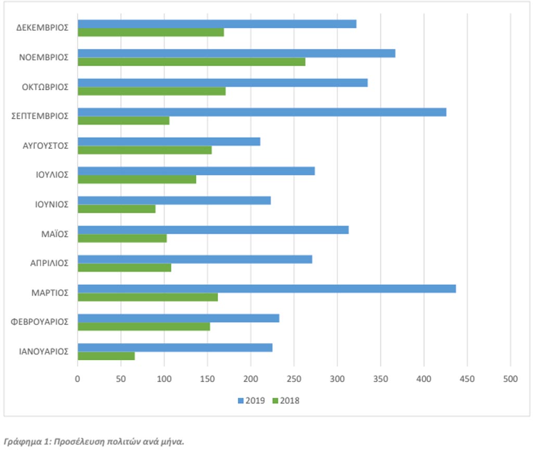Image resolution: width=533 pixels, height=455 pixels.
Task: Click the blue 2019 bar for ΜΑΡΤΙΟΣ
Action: pyautogui.click(x=267, y=289)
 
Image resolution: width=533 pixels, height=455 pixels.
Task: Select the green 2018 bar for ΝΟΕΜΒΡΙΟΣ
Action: pyautogui.click(x=192, y=61)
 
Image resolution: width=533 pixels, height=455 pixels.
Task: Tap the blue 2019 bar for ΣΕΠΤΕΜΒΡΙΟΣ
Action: pyautogui.click(x=262, y=112)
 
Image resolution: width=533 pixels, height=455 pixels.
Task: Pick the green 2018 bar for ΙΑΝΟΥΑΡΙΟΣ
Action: pyautogui.click(x=106, y=356)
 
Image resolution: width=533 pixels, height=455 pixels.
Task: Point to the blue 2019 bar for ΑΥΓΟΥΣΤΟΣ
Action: pyautogui.click(x=169, y=142)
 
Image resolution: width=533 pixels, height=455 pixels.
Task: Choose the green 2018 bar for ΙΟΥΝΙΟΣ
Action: pyautogui.click(x=117, y=209)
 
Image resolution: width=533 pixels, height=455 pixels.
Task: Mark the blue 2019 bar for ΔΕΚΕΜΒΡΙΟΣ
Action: pyautogui.click(x=217, y=24)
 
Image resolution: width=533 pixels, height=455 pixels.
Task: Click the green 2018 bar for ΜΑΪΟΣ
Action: pyautogui.click(x=122, y=238)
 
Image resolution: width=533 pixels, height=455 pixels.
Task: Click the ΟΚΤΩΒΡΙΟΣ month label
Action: pyautogui.click(x=45, y=87)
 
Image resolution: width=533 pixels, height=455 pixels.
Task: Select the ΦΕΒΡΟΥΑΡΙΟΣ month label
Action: pyautogui.click(x=40, y=322)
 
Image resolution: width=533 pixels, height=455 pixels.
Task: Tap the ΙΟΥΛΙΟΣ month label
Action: pyautogui.click(x=52, y=175)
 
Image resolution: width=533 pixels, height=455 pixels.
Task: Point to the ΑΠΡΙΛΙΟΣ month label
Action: pyautogui.click(x=49, y=263)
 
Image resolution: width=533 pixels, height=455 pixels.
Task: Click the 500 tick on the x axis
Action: pyautogui.click(x=510, y=379)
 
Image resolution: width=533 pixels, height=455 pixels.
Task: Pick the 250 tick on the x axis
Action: pyautogui.click(x=294, y=379)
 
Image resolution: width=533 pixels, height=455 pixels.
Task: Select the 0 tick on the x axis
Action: pyautogui.click(x=78, y=379)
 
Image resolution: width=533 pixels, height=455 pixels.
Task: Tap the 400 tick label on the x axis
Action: pyautogui.click(x=424, y=379)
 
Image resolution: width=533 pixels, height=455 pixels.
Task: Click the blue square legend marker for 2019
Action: pyautogui.click(x=240, y=400)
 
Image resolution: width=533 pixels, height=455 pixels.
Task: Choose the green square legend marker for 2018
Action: pyautogui.click(x=275, y=400)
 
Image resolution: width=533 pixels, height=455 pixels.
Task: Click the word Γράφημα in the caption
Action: pyautogui.click(x=22, y=442)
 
